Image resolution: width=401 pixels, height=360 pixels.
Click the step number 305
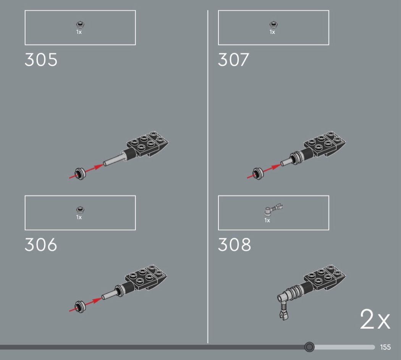click(41, 60)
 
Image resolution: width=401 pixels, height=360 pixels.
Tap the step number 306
click(41, 245)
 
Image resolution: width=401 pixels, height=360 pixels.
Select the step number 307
click(233, 60)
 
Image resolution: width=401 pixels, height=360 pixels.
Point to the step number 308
click(234, 245)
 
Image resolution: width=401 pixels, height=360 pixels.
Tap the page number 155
click(385, 347)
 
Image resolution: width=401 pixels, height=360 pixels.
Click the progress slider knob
click(309, 347)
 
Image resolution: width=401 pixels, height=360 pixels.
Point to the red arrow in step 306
click(85, 305)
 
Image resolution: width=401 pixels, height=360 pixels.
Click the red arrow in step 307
click(264, 171)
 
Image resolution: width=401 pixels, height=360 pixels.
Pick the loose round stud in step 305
click(80, 174)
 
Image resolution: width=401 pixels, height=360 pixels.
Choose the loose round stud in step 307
click(258, 174)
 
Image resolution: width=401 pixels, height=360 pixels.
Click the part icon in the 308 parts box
click(273, 209)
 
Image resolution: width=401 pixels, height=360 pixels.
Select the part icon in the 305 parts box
click(80, 24)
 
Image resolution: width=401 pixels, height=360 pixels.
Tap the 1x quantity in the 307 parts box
click(272, 32)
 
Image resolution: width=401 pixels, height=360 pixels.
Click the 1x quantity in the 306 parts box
click(79, 217)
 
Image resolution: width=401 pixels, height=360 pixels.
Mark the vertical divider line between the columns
click(208, 177)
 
